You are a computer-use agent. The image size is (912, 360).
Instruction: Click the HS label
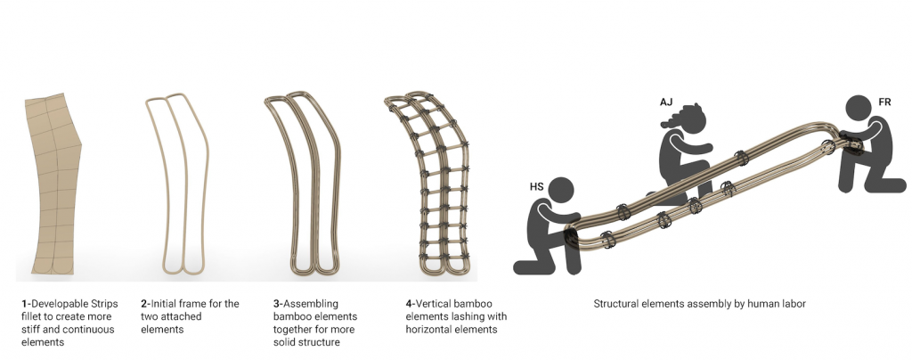coord(536,187)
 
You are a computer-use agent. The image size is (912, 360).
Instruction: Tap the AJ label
coord(666,102)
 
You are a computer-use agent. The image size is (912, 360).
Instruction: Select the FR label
coord(884,102)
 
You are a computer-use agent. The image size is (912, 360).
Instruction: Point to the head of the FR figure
coord(859,109)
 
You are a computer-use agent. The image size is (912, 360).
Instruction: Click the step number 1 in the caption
coord(24,304)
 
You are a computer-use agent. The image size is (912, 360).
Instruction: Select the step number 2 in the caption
coord(143,304)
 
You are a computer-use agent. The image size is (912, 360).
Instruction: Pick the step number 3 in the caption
coord(276,304)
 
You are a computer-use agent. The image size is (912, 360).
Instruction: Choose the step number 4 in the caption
coord(409,304)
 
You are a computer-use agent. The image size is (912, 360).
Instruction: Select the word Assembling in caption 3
coord(311,304)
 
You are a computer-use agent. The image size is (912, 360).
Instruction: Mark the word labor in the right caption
coord(793,304)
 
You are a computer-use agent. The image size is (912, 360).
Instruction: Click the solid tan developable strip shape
coord(53,184)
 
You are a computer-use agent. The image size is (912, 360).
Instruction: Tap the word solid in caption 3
coord(285,342)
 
